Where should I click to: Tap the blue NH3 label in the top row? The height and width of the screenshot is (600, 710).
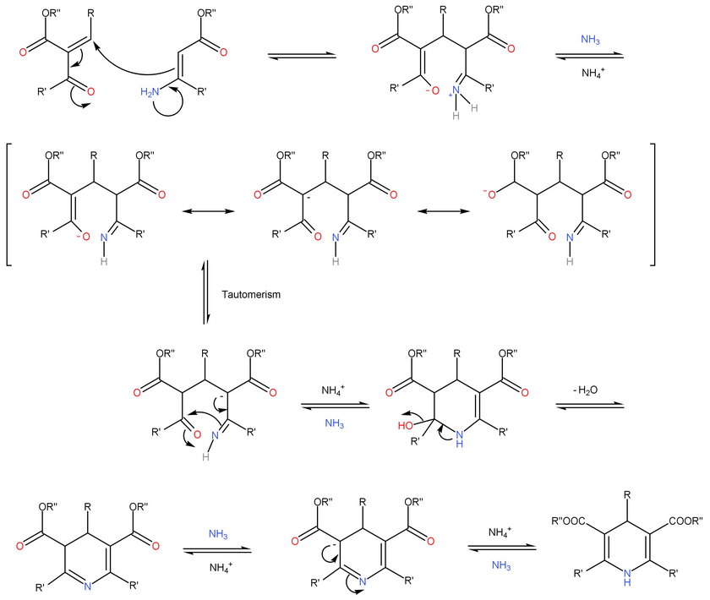pos(589,39)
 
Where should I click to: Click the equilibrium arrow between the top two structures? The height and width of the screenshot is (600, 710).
pos(302,57)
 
